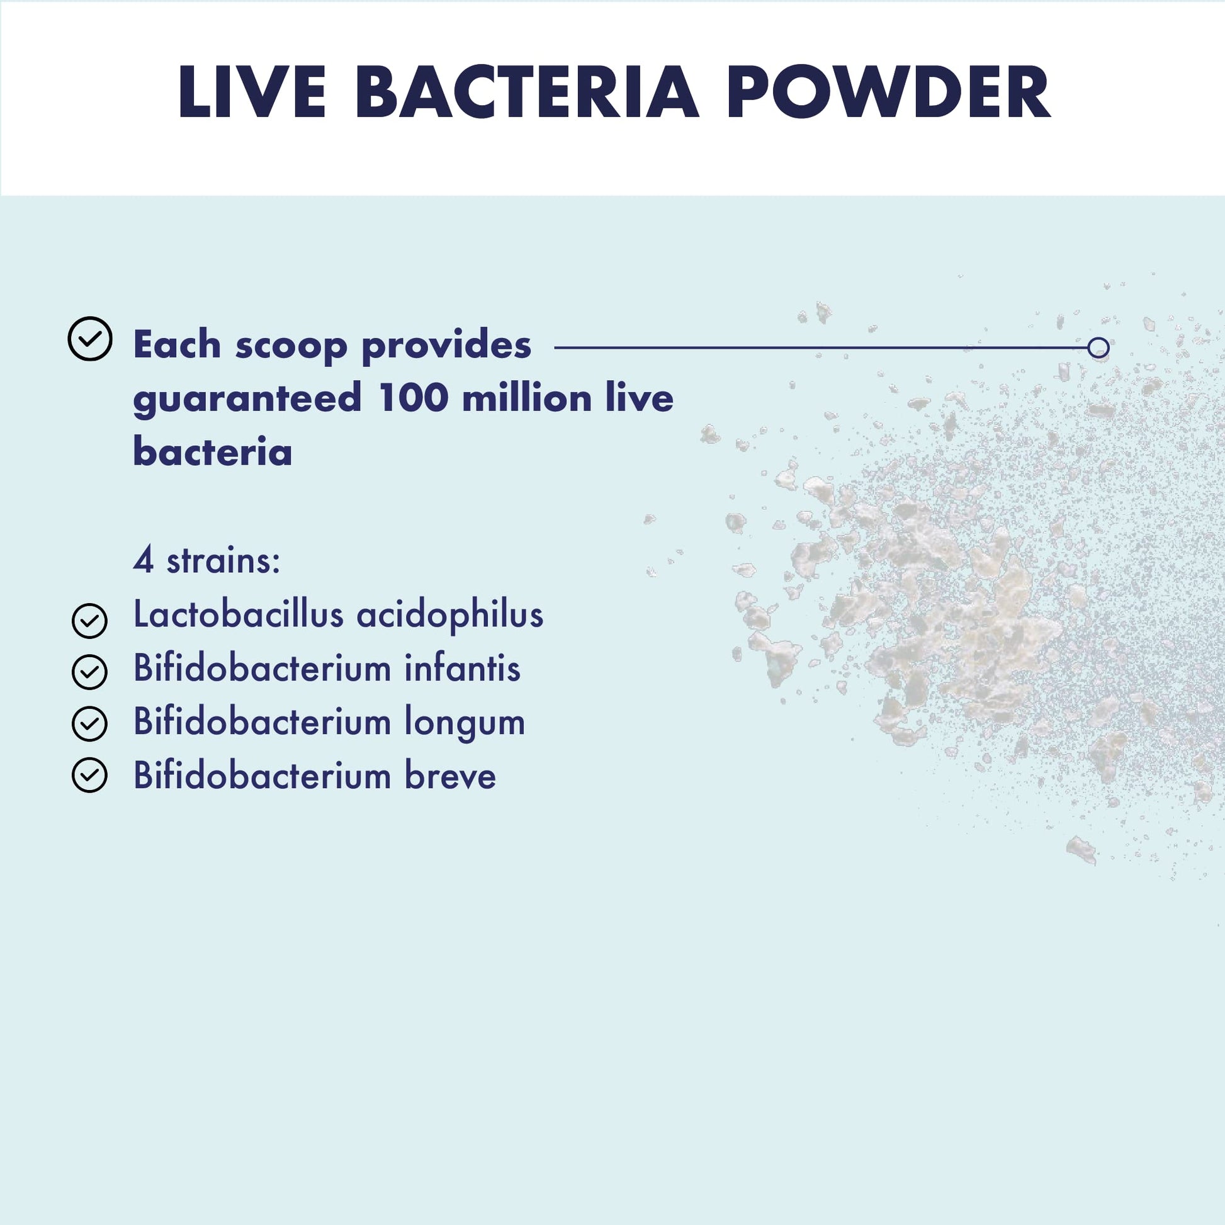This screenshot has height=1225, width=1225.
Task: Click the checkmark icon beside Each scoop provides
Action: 90,339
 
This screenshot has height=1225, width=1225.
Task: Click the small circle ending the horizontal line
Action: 1098,347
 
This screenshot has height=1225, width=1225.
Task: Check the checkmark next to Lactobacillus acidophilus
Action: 89,621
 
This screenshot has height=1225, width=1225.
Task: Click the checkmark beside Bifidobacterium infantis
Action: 89,672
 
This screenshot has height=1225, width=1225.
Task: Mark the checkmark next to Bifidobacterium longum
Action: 89,724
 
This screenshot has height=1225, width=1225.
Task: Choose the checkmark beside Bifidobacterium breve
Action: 89,776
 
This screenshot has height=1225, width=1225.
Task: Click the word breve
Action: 450,776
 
